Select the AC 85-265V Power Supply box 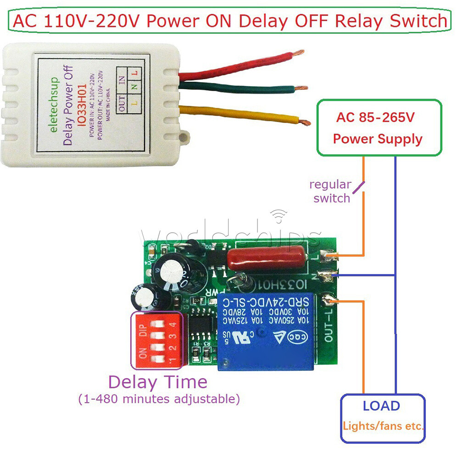[x=379, y=127]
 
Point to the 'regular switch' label [x=330, y=191]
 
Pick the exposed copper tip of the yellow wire [x=303, y=122]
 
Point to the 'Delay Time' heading [x=157, y=382]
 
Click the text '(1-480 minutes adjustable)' [x=159, y=399]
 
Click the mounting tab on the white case [x=185, y=136]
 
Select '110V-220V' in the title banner [x=90, y=21]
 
